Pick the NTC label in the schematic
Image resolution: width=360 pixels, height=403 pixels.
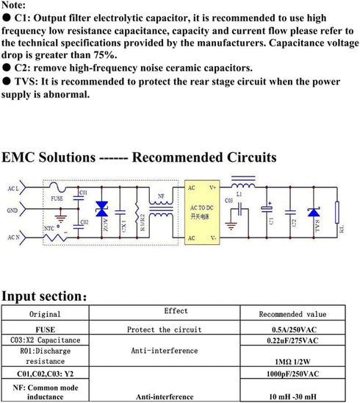[50, 229]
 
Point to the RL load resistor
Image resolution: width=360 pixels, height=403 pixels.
[338, 218]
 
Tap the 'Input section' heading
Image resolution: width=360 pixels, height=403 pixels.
[44, 296]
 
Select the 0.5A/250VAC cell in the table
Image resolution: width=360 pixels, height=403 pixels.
[292, 329]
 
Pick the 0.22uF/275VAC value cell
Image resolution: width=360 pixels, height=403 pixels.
[292, 341]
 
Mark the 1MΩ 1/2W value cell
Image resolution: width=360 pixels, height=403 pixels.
[292, 363]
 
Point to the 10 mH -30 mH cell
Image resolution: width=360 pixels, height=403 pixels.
[292, 396]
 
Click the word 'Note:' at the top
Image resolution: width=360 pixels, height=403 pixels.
[16, 6]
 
